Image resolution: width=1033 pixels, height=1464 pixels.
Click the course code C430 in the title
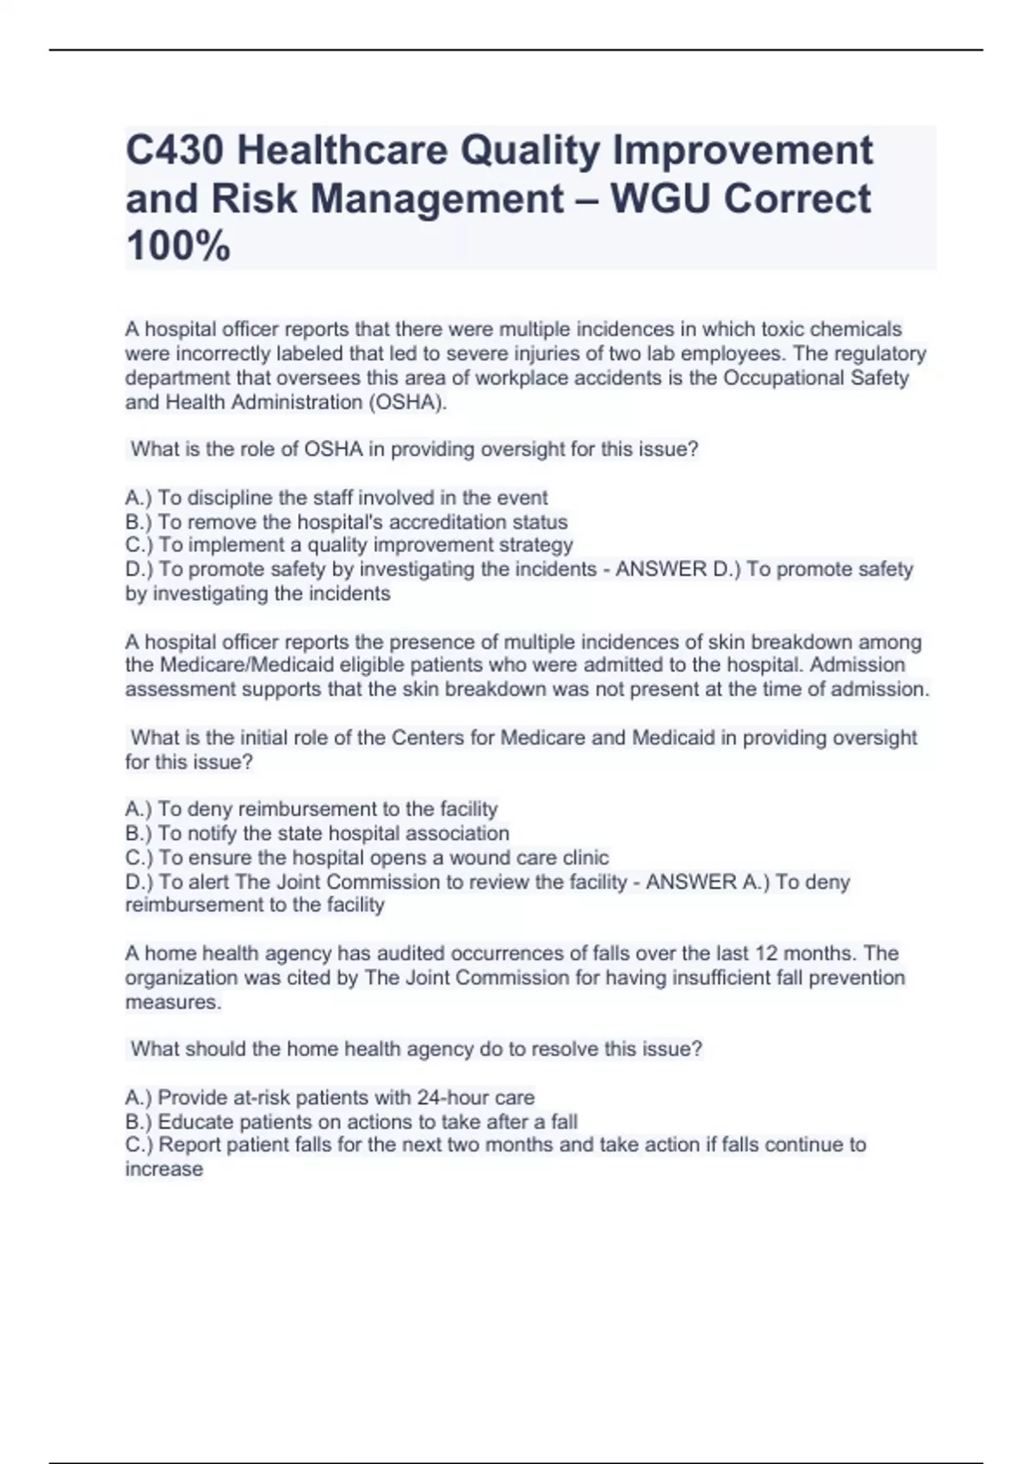click(175, 151)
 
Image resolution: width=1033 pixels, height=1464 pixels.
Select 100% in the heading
click(178, 246)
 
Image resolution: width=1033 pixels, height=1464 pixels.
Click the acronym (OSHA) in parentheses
click(407, 402)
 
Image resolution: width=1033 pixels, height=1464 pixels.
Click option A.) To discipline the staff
click(337, 498)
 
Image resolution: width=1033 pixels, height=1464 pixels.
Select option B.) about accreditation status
click(346, 522)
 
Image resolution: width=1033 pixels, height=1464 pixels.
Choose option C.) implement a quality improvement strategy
click(349, 545)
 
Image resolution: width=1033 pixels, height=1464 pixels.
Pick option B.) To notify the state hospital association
click(317, 834)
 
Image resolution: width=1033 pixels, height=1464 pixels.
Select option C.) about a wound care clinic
click(367, 858)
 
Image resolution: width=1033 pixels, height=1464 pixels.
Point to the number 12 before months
click(767, 953)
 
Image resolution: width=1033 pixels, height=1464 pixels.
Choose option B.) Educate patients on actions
click(351, 1122)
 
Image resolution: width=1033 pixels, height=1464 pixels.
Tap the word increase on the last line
click(164, 1169)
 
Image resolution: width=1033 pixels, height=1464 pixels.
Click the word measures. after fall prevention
click(173, 1002)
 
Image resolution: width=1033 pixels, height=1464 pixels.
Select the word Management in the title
click(436, 199)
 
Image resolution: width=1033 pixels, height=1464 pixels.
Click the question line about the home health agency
click(417, 1049)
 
